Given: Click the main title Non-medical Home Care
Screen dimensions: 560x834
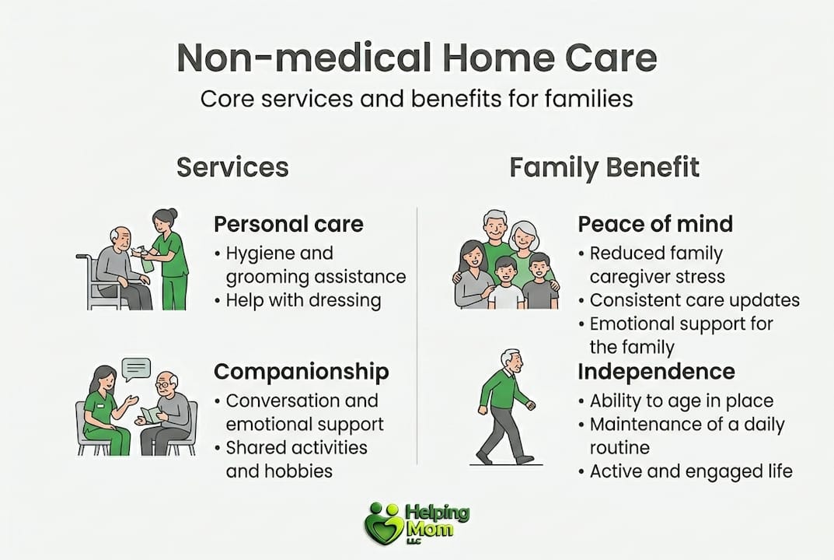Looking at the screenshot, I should (417, 58).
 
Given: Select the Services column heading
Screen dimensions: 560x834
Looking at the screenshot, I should (232, 166).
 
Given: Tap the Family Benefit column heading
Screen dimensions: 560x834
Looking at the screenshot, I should (604, 166).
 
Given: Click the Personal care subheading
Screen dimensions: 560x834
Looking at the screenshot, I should (288, 224).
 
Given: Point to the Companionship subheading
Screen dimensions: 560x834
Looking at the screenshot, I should (301, 372).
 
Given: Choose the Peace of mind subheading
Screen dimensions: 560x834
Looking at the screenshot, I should (654, 224).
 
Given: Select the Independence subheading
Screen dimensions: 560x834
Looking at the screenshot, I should (656, 372).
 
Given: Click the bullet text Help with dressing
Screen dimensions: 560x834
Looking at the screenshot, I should (303, 300).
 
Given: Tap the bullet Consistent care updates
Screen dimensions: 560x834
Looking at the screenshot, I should (694, 300).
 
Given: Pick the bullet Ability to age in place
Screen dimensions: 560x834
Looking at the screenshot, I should (681, 401).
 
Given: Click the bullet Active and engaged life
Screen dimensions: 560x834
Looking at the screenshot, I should (690, 471).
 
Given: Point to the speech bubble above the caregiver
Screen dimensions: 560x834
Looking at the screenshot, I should (136, 367).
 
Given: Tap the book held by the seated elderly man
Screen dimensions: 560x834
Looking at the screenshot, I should (151, 415).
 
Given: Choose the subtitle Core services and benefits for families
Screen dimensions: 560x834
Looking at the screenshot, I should (417, 100).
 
